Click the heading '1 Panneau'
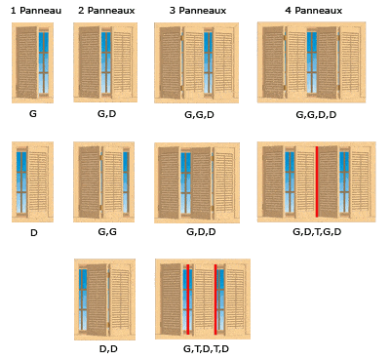click(35, 10)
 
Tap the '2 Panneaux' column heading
click(106, 10)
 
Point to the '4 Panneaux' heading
click(315, 10)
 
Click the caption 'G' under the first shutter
click(33, 114)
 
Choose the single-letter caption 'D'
click(33, 232)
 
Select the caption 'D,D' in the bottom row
click(107, 348)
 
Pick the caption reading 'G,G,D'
click(199, 114)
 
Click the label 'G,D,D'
click(199, 232)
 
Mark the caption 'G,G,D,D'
click(316, 114)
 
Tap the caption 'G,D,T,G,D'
click(316, 232)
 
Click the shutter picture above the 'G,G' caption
click(103, 182)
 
